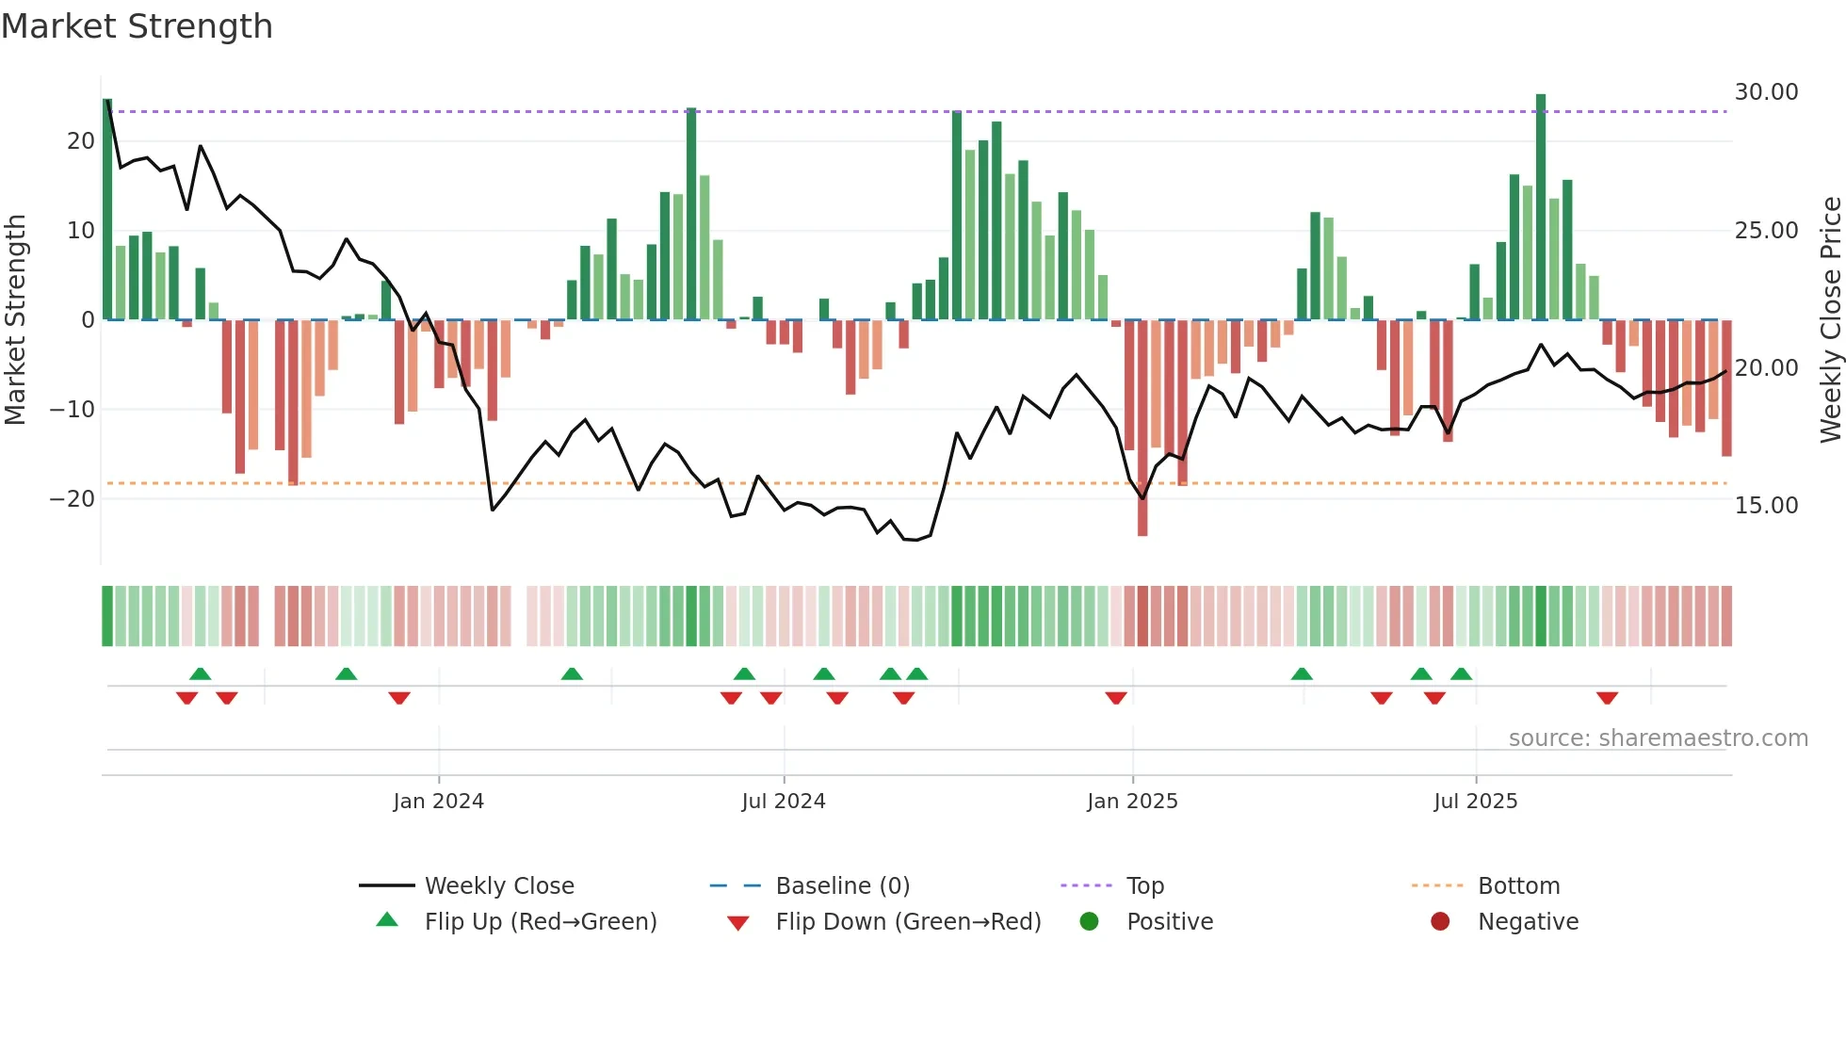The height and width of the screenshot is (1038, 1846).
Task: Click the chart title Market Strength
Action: click(137, 26)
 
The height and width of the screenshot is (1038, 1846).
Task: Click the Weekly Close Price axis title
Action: click(1830, 320)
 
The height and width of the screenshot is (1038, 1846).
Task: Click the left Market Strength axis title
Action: click(15, 320)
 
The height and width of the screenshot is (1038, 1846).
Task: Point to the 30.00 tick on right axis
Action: click(1766, 92)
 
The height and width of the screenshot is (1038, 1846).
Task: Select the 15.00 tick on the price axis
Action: click(1766, 506)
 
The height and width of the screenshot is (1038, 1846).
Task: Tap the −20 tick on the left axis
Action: click(73, 499)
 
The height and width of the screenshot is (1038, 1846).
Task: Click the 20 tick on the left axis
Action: click(81, 141)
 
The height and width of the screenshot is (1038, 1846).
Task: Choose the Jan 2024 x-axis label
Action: click(438, 802)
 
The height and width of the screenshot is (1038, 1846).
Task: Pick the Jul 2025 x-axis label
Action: click(1475, 802)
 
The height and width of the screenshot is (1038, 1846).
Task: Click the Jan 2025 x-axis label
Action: click(1132, 802)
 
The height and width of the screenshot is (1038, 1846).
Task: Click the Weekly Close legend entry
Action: click(498, 886)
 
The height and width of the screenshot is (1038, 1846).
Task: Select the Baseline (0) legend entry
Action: click(842, 886)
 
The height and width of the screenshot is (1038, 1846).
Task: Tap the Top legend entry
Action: click(1145, 886)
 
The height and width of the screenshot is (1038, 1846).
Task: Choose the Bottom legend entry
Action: click(1518, 886)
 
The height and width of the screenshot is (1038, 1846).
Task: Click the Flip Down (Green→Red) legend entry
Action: click(908, 922)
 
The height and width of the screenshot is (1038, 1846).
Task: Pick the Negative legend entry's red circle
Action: click(1440, 922)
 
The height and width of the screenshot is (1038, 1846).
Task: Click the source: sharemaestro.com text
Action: click(1658, 738)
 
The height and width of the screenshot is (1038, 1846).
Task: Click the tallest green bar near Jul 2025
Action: click(1541, 207)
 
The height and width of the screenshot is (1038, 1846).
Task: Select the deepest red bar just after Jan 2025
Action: click(1142, 429)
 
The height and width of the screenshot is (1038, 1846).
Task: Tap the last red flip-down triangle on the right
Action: click(1607, 698)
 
